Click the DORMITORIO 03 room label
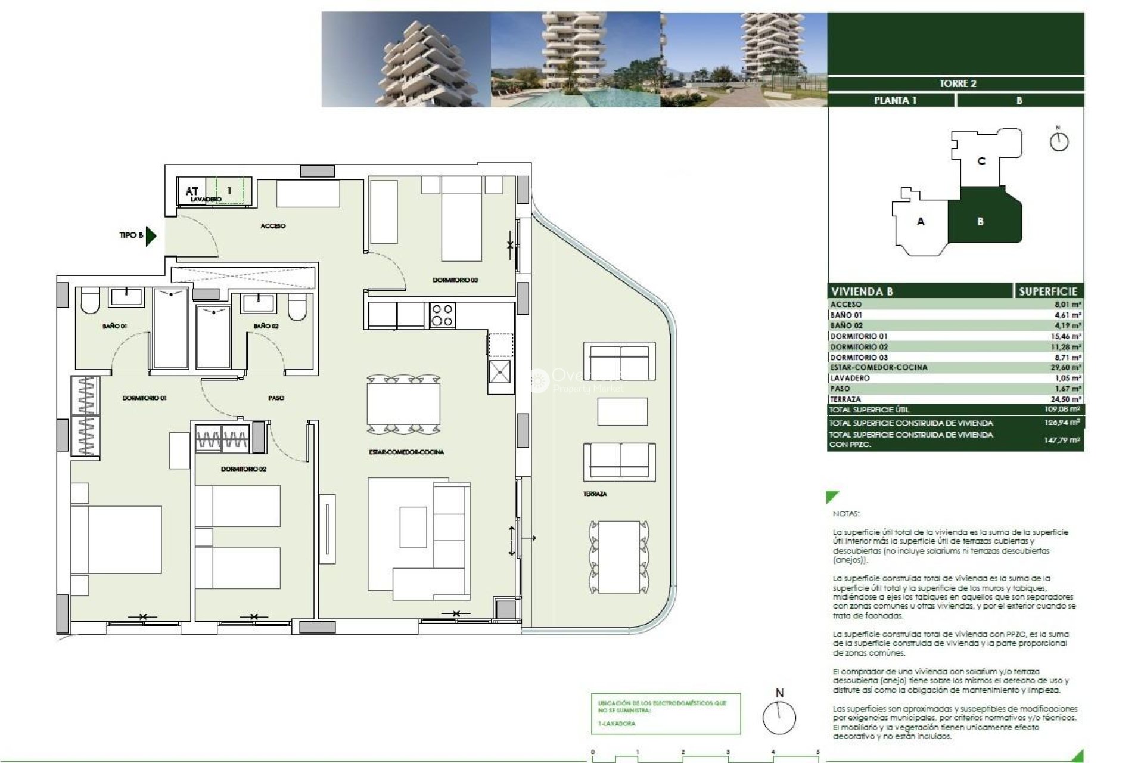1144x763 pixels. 455,280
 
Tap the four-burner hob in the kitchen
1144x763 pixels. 442,315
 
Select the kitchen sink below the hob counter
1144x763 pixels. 499,372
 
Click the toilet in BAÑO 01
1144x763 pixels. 89,302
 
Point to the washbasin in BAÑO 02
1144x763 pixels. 258,303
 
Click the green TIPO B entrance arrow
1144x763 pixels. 151,236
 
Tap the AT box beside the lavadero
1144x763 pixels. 191,191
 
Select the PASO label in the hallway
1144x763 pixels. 276,398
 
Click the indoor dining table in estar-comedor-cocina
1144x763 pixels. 403,404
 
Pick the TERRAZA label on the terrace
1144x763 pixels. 595,494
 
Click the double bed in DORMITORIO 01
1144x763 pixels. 117,539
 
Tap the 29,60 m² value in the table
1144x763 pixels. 1065,368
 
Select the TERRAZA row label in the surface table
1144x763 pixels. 845,399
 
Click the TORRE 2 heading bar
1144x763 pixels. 956,83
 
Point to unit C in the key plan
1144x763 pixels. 981,161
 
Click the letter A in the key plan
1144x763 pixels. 921,222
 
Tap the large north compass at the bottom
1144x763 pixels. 779,717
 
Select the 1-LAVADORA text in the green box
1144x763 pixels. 617,724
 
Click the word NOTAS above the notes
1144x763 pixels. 846,513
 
